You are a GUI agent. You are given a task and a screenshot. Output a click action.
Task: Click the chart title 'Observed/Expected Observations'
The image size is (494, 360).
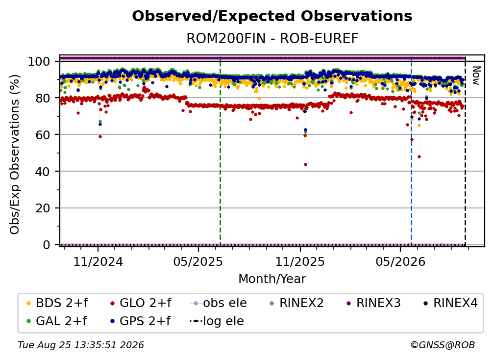[272, 16]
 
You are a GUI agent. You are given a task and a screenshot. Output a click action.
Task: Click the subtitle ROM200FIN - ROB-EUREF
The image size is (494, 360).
[272, 38]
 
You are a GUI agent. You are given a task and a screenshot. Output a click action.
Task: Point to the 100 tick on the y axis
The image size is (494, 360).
[39, 61]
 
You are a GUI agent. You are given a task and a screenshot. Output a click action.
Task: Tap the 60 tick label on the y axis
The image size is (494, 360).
[43, 134]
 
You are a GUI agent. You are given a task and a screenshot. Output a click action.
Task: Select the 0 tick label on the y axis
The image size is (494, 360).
[46, 245]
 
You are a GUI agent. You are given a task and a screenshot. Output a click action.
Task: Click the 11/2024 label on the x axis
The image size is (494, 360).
[98, 261]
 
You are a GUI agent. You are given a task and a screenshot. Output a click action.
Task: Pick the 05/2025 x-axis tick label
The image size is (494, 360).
[198, 261]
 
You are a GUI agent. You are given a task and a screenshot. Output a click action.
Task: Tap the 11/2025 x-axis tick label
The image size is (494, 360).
[300, 261]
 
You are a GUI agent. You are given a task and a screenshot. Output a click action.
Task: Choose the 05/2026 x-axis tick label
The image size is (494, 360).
[400, 261]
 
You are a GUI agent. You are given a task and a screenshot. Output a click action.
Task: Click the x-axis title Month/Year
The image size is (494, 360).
[272, 279]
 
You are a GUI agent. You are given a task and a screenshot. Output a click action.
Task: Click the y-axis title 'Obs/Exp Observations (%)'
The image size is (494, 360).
[15, 154]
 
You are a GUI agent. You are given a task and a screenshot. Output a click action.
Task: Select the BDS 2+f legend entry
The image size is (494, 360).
[57, 303]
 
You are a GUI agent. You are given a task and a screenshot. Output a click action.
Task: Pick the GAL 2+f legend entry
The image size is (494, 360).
[57, 321]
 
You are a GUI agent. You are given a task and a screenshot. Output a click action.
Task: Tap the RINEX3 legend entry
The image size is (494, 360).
[373, 303]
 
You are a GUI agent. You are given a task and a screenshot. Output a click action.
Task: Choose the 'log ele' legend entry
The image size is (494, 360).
[217, 321]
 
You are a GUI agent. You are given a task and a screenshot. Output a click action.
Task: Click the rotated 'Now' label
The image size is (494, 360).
[476, 76]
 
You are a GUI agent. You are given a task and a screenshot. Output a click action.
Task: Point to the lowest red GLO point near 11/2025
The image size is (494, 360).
[305, 165]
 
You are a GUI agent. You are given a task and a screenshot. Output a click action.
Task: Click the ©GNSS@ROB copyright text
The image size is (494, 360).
[443, 345]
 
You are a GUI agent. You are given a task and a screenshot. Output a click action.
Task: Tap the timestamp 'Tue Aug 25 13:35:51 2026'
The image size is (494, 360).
[81, 345]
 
